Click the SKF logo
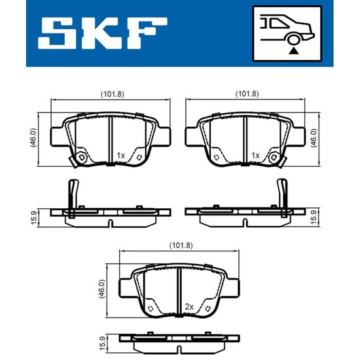[x=103, y=33]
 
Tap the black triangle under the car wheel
[x=293, y=50]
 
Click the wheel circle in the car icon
[x=293, y=39]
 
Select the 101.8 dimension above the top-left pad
[x=113, y=94]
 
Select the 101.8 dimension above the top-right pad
[x=247, y=94]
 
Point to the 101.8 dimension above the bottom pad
[x=181, y=245]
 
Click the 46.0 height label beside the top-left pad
[x=33, y=137]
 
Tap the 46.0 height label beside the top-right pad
[x=314, y=137]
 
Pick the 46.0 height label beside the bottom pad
[x=101, y=289]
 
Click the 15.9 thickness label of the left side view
[x=34, y=218]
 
